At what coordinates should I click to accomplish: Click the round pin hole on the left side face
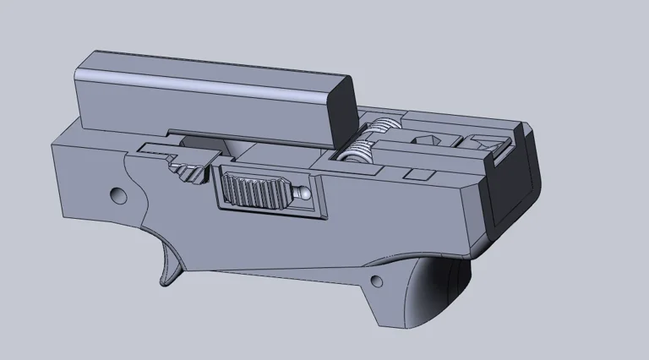117,195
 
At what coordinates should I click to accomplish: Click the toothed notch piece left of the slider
190,173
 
